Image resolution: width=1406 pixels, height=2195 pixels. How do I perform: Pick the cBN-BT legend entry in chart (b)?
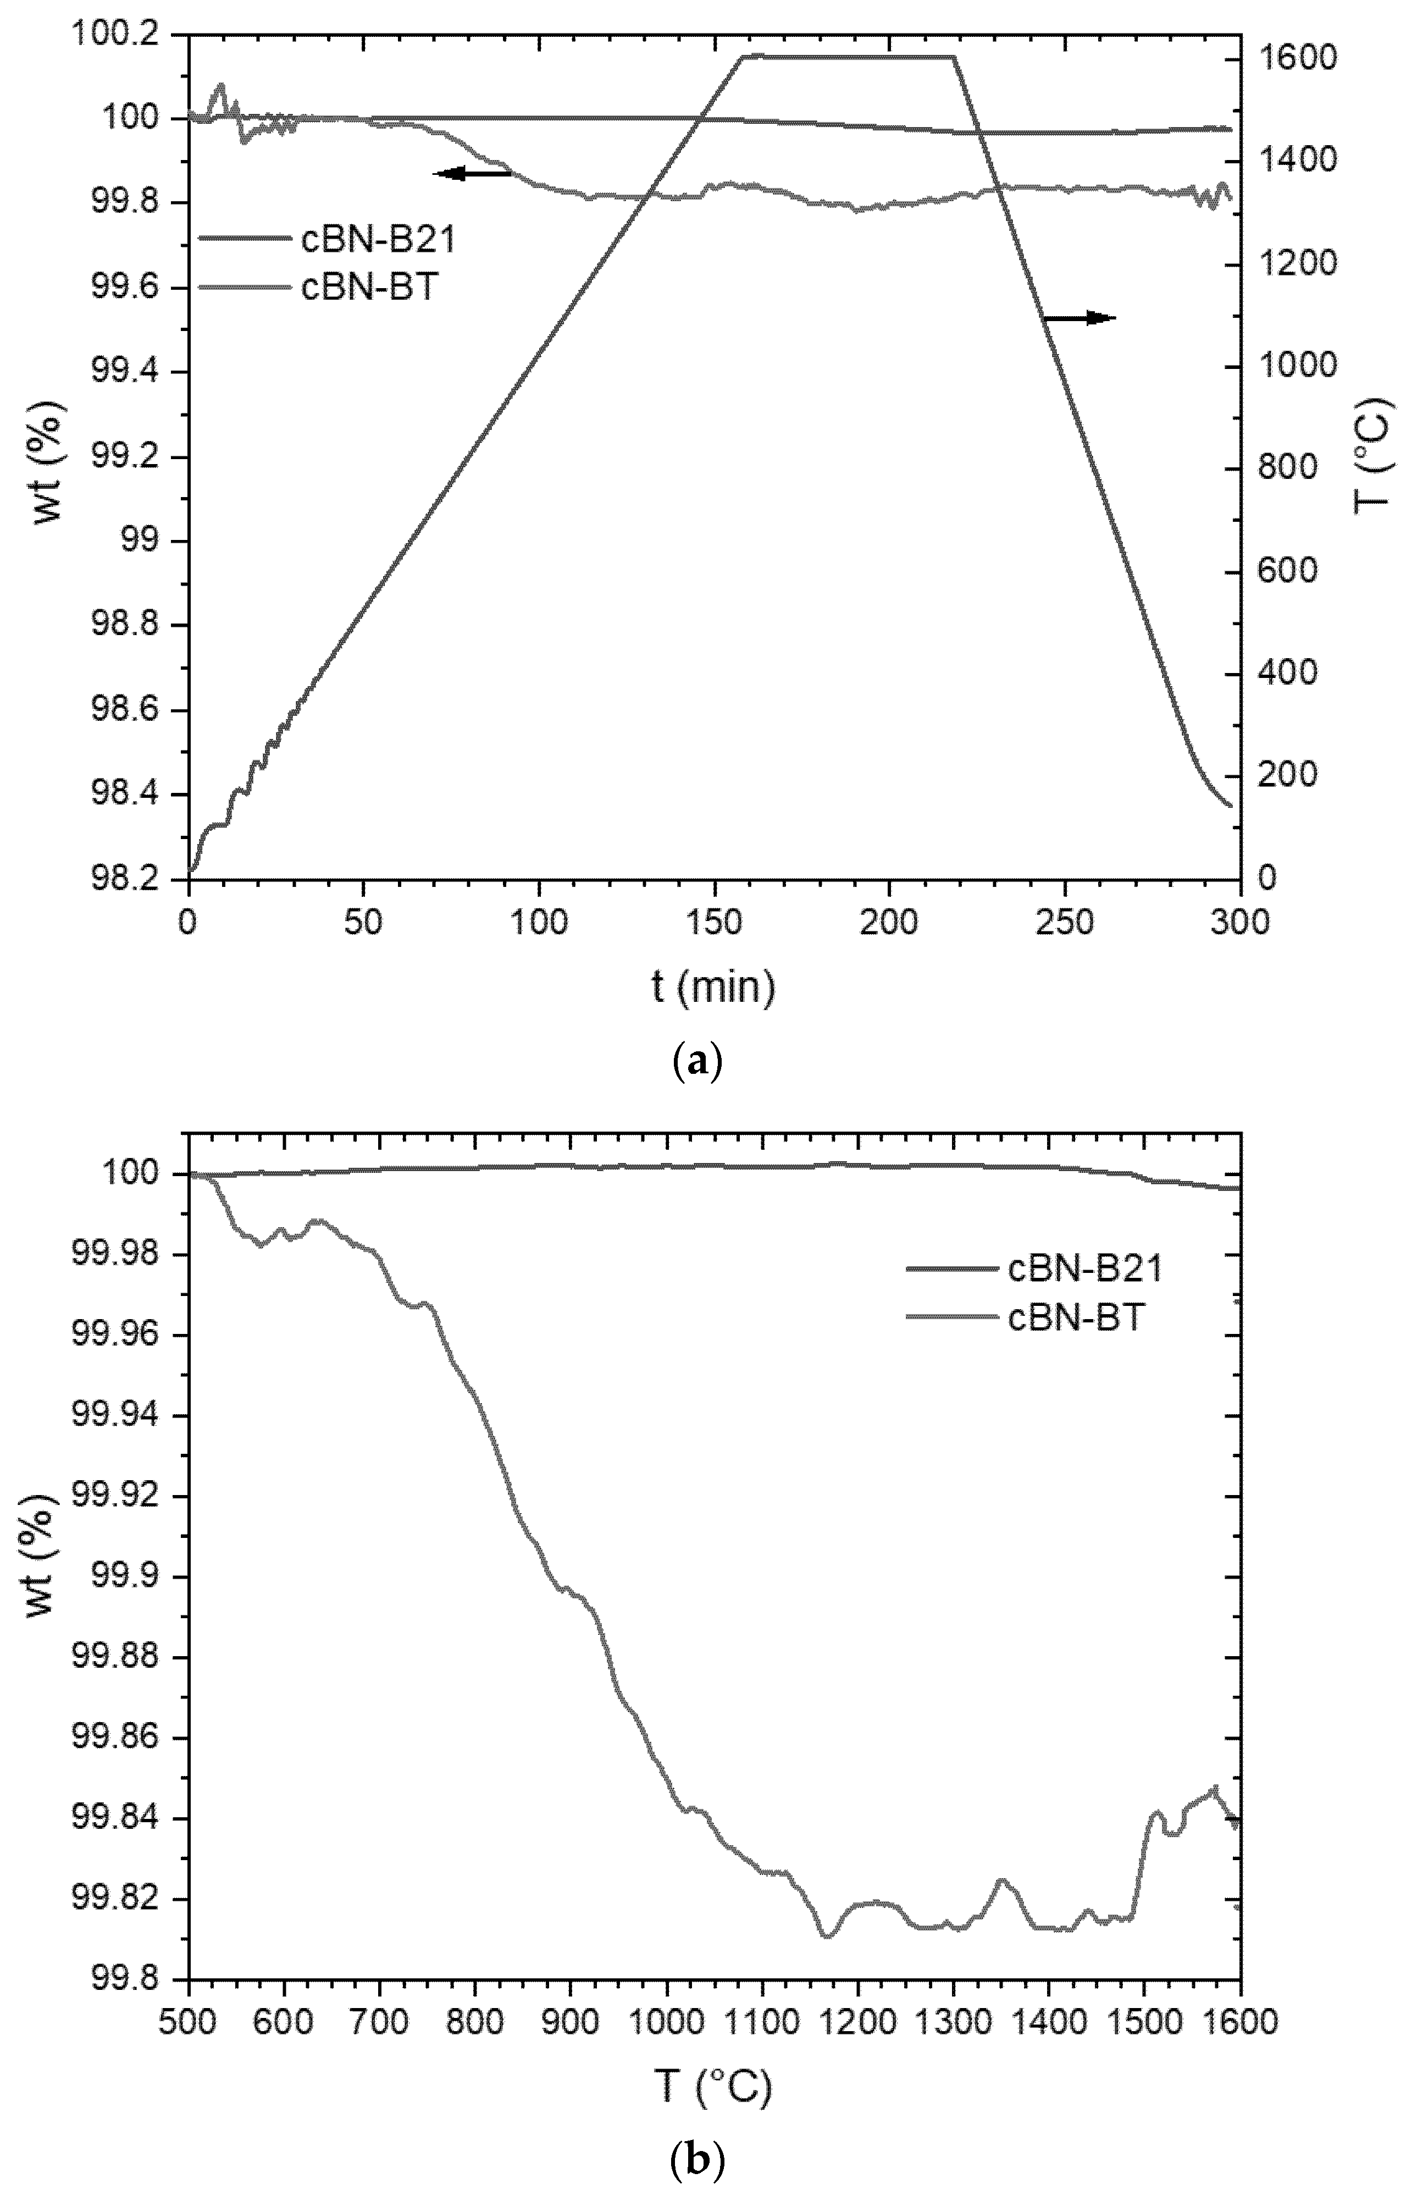1076,1317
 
